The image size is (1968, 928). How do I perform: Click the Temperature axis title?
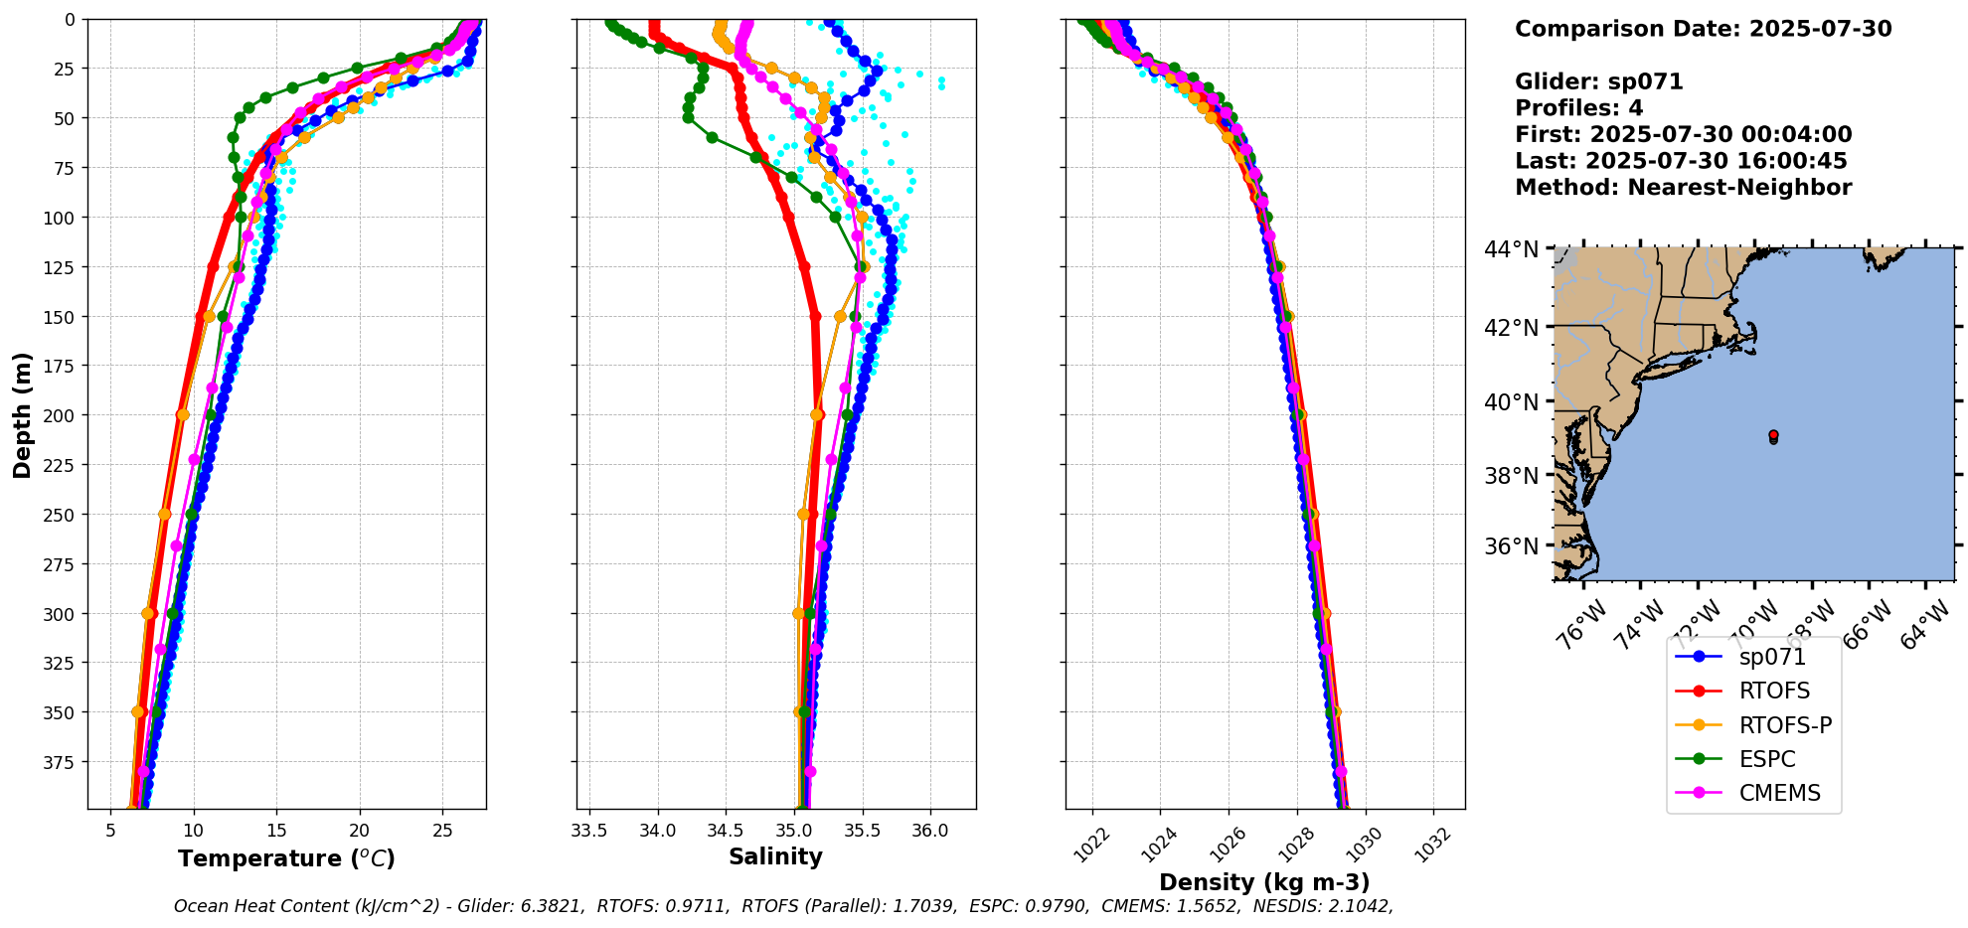click(x=286, y=858)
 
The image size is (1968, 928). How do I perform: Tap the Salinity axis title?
click(x=775, y=856)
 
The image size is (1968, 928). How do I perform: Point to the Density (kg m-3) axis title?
click(x=1264, y=882)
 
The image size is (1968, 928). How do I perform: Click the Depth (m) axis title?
click(x=22, y=414)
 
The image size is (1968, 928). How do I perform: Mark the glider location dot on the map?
click(x=1773, y=436)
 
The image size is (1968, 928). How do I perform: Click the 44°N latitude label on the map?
click(x=1511, y=249)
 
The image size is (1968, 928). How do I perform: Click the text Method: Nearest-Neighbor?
click(x=1683, y=188)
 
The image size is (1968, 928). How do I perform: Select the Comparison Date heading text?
click(x=1703, y=29)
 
